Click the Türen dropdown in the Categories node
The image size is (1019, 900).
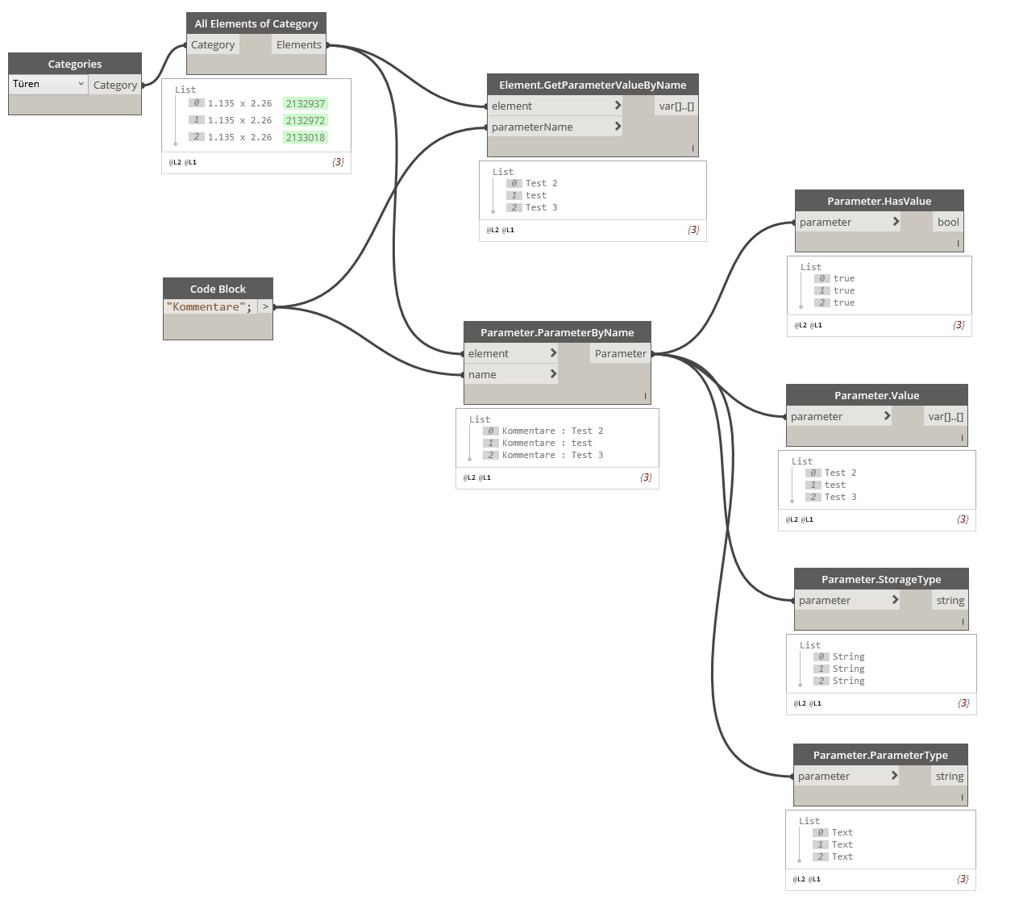[48, 84]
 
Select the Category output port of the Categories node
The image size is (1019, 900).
[114, 85]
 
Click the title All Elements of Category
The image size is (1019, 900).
[256, 23]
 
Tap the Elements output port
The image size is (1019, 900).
[299, 45]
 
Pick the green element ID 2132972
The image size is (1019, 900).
[305, 120]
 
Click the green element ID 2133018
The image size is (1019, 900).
[305, 137]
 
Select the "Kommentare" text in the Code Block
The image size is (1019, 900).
[206, 306]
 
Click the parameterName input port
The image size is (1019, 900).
[532, 127]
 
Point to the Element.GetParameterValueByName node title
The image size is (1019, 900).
[593, 85]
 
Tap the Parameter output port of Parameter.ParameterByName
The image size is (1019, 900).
[620, 353]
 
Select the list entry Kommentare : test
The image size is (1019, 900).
[547, 443]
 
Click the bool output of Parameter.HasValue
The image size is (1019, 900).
[948, 222]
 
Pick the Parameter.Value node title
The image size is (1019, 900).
[876, 395]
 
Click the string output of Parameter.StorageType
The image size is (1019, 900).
[950, 600]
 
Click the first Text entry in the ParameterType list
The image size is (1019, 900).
[842, 832]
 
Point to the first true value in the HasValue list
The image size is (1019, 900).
[843, 278]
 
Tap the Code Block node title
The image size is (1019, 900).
[218, 289]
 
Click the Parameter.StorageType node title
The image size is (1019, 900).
[881, 579]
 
